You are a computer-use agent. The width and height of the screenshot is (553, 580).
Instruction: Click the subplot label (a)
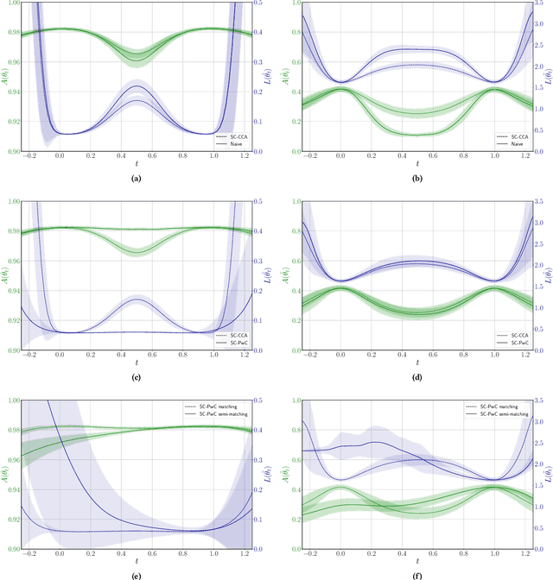click(x=135, y=179)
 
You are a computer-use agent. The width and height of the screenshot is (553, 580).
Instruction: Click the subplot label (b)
click(x=417, y=179)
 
